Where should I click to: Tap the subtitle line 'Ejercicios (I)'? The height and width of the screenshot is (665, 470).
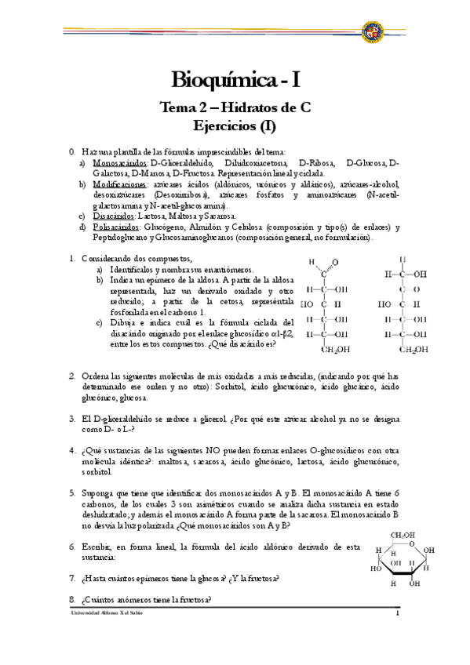click(x=235, y=125)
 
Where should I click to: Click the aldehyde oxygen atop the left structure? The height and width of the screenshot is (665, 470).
click(x=336, y=263)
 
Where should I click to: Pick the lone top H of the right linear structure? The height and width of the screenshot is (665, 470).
click(x=403, y=260)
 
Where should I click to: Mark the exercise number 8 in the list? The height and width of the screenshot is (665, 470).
click(x=72, y=600)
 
